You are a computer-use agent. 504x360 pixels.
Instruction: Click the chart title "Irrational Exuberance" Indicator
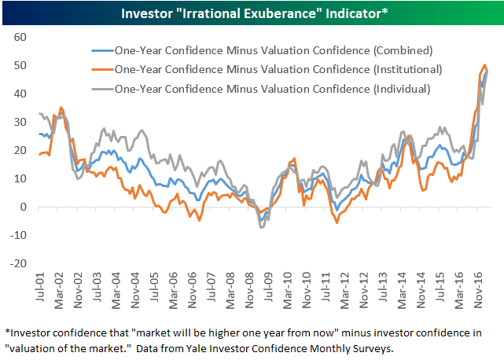252,13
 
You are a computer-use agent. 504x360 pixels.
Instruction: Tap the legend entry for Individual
273,89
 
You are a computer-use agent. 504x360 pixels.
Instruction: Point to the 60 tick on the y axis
20,37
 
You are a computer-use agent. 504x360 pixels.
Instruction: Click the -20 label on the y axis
19,264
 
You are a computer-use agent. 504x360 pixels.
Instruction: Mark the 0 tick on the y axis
24,208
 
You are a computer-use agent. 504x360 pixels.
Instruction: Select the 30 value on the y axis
20,122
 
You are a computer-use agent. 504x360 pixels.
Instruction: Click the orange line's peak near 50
484,65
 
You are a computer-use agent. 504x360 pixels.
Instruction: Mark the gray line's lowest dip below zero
262,227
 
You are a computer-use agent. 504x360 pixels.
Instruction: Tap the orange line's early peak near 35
61,107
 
